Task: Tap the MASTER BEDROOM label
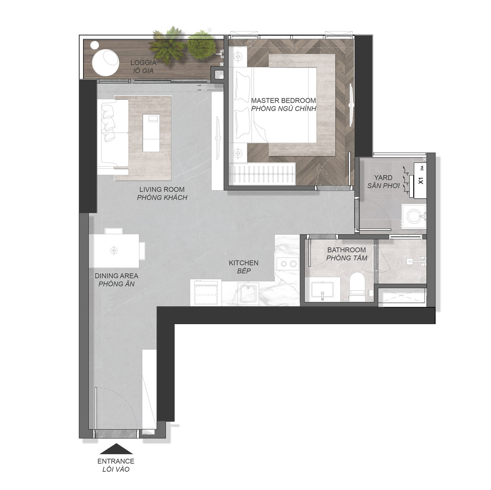pyautogui.click(x=283, y=101)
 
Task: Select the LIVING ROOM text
pyautogui.click(x=162, y=190)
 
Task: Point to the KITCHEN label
pyautogui.click(x=244, y=263)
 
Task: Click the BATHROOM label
pyautogui.click(x=346, y=250)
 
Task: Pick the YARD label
pyautogui.click(x=383, y=177)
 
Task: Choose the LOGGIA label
pyautogui.click(x=144, y=62)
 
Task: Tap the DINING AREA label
pyautogui.click(x=116, y=276)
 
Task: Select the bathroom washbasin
pyautogui.click(x=322, y=290)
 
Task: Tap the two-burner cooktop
pyautogui.click(x=287, y=263)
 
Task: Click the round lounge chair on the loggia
pyautogui.click(x=105, y=62)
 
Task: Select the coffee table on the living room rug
pyautogui.click(x=151, y=133)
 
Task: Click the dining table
pyautogui.click(x=114, y=251)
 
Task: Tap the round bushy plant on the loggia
pyautogui.click(x=201, y=45)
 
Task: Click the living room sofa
pyautogui.click(x=113, y=134)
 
